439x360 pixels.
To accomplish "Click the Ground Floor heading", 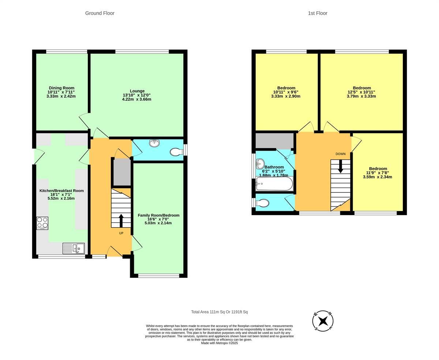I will pyautogui.click(x=100, y=13).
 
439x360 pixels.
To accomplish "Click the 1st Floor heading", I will pyautogui.click(x=317, y=13).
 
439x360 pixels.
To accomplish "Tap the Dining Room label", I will pyautogui.click(x=61, y=88).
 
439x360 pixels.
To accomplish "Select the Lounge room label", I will pyautogui.click(x=137, y=91).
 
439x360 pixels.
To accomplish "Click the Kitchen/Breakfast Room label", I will pyautogui.click(x=61, y=191).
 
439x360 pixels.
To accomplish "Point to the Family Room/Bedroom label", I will pyautogui.click(x=158, y=215).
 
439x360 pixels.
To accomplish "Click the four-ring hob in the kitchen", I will pyautogui.click(x=42, y=223).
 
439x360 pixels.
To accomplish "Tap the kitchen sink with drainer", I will pyautogui.click(x=74, y=249).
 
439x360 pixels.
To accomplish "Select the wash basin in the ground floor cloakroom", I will pyautogui.click(x=154, y=143).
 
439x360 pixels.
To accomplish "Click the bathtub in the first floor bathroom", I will pyautogui.click(x=274, y=184).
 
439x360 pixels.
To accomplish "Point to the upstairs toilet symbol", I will pyautogui.click(x=263, y=203).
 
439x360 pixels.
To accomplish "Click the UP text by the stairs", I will pyautogui.click(x=121, y=233).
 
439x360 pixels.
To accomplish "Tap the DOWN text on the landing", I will pyautogui.click(x=340, y=154).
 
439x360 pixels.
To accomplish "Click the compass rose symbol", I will pyautogui.click(x=323, y=321).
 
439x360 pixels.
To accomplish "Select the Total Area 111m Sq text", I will pyautogui.click(x=219, y=312).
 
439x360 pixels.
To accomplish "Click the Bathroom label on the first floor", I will pyautogui.click(x=274, y=167).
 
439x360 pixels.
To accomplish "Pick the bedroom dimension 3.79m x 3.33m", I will pyautogui.click(x=361, y=96).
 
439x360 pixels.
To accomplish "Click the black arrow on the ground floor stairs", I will pyautogui.click(x=121, y=221).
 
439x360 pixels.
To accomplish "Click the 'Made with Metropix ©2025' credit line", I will pyautogui.click(x=219, y=343).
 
